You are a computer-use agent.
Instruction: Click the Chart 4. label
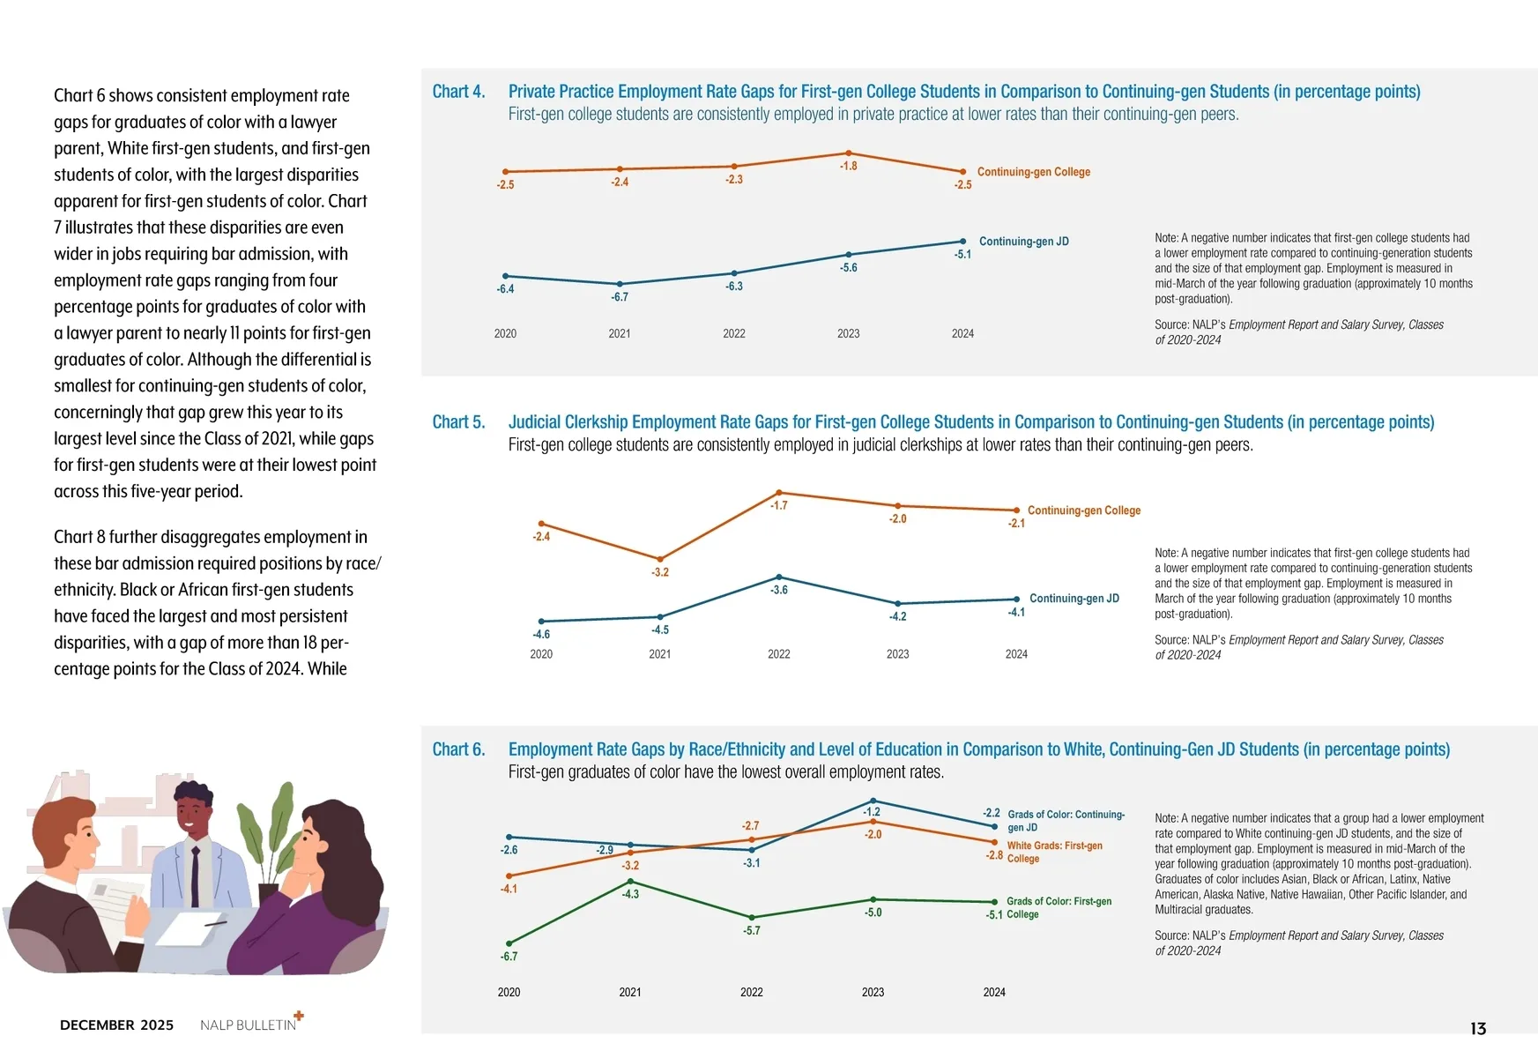(x=458, y=92)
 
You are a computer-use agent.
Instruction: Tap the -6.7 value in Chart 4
(x=620, y=297)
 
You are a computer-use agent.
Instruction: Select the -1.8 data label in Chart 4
(x=848, y=166)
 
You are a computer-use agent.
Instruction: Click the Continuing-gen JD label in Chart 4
(x=1023, y=242)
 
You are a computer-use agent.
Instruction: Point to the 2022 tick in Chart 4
(x=733, y=333)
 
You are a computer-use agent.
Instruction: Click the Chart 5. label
(x=458, y=422)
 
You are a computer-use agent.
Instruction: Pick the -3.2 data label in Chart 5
(x=660, y=572)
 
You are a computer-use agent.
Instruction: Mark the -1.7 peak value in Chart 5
(x=779, y=506)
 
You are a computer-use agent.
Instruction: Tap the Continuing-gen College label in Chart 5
(x=1083, y=510)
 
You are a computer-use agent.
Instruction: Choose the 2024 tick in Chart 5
(x=1016, y=654)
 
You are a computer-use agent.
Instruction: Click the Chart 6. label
(x=458, y=749)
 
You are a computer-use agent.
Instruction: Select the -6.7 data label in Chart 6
(x=509, y=957)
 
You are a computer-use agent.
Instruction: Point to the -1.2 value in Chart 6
(x=872, y=812)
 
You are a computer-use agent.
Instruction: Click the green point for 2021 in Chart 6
(x=630, y=881)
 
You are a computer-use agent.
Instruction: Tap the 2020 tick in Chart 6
(x=509, y=993)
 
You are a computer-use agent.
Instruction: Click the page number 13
(x=1478, y=1029)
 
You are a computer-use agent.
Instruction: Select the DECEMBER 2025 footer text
(x=116, y=1025)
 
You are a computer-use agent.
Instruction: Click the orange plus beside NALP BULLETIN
(x=299, y=1016)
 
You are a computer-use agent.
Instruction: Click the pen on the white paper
(x=215, y=923)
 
